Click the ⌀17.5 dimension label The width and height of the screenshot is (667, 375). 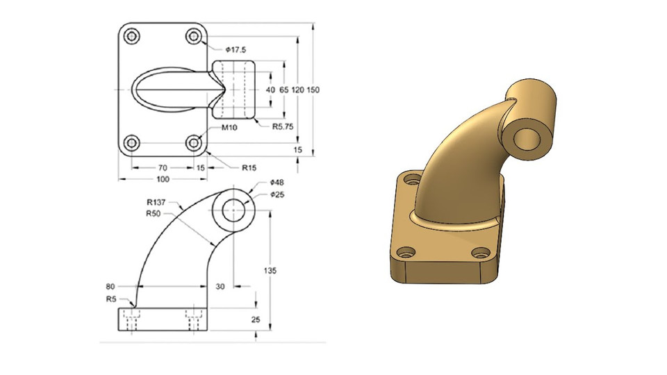point(236,49)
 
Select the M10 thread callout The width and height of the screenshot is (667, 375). point(231,128)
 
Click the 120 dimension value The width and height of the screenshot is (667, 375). point(299,90)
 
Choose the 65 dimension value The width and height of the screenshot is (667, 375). point(284,90)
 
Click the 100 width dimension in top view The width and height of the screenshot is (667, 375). point(163,179)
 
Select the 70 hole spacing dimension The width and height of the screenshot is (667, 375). point(163,167)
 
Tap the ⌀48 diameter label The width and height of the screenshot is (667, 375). point(277,183)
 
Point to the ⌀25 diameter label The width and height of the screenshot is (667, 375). point(277,194)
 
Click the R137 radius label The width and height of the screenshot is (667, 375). point(156,203)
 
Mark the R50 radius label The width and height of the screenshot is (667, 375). point(154,213)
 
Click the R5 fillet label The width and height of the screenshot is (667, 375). point(111,299)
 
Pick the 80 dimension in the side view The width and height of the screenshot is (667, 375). point(110,285)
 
